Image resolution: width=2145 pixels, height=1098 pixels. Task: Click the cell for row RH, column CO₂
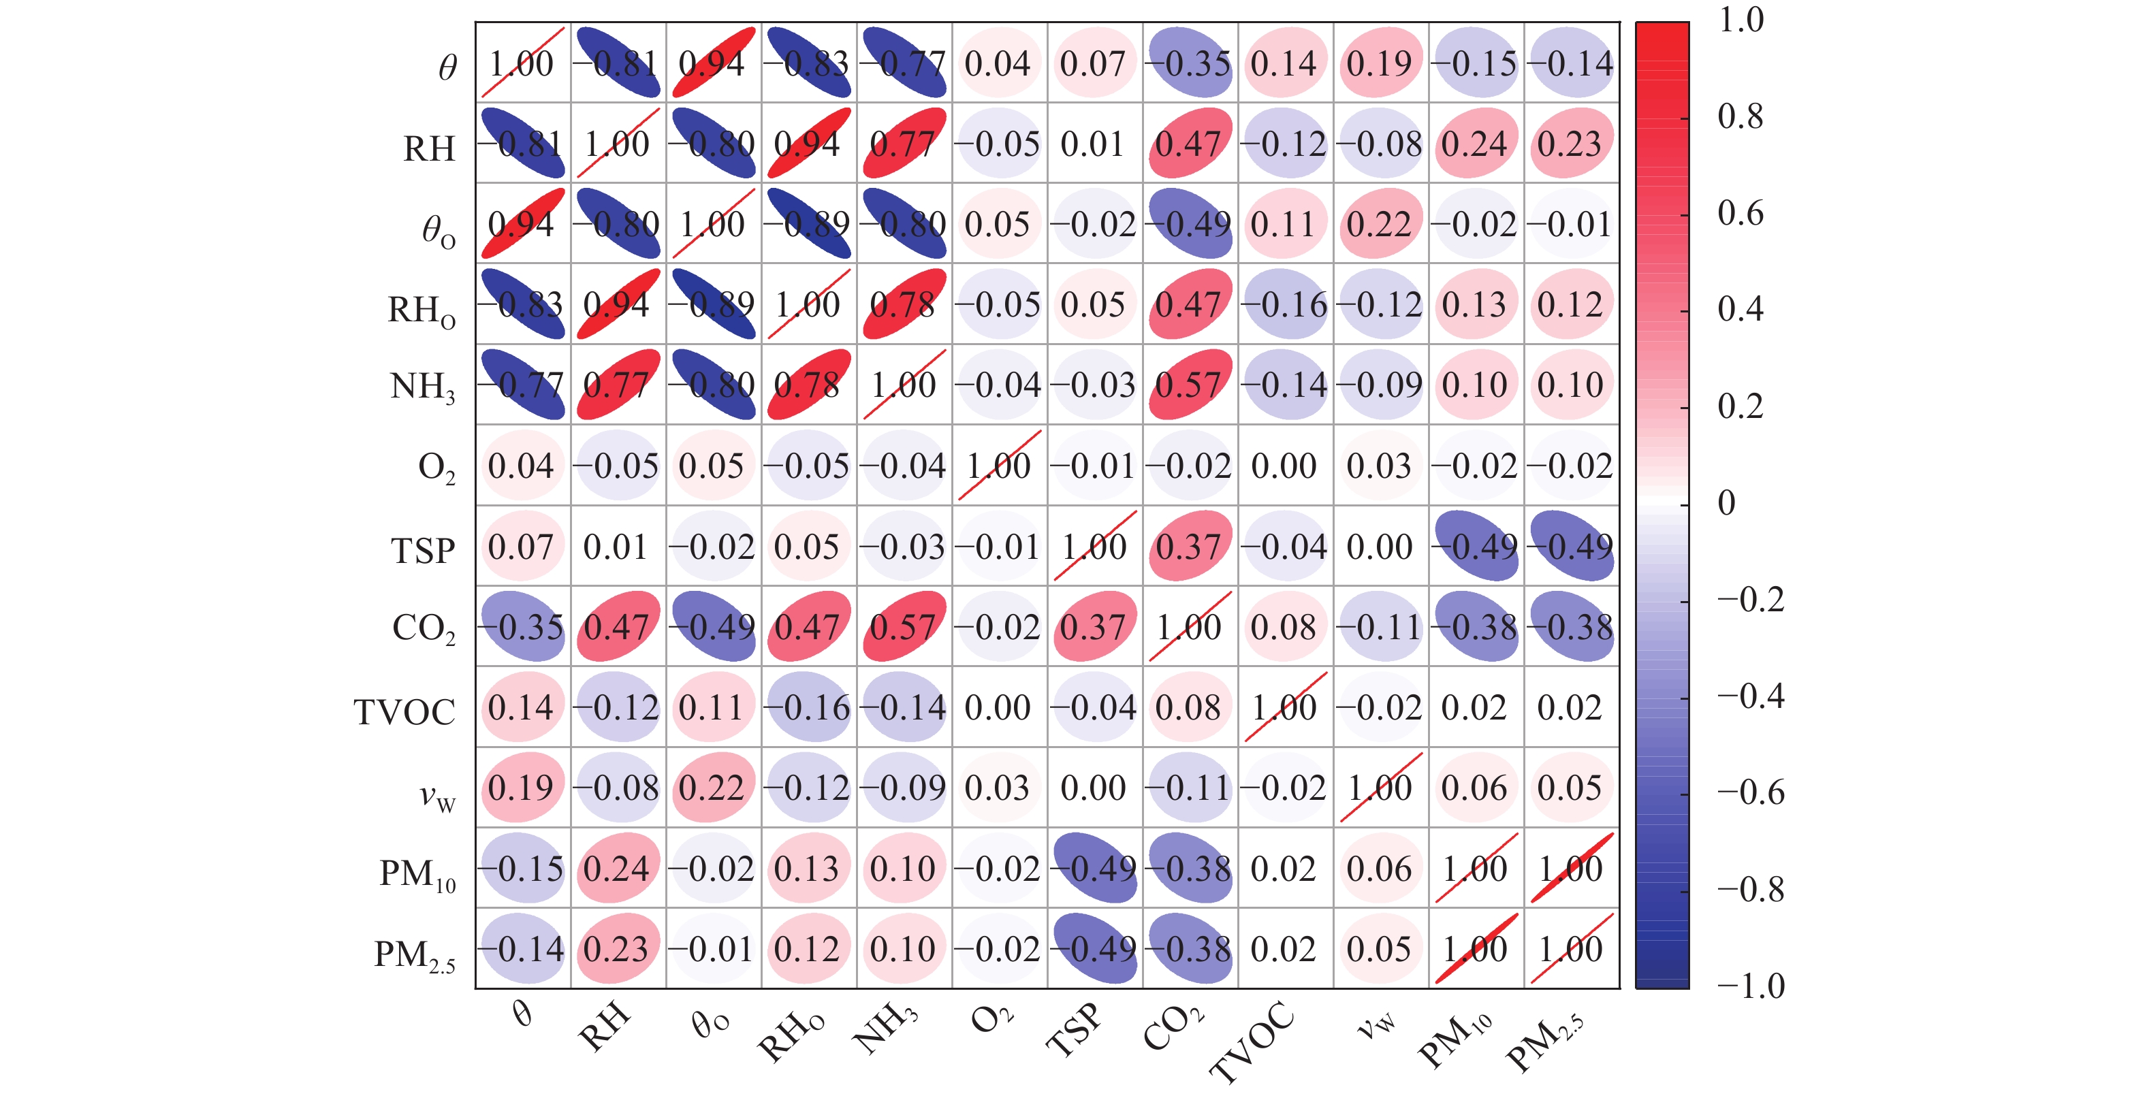click(1189, 143)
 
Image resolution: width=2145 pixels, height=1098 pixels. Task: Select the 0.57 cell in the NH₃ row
click(1189, 385)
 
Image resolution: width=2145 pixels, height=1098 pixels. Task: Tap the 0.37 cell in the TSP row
click(1189, 546)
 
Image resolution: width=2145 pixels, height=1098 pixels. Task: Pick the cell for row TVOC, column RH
click(618, 707)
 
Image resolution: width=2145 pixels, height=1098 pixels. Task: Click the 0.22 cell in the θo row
click(1380, 224)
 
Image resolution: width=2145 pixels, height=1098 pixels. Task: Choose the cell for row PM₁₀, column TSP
click(1094, 868)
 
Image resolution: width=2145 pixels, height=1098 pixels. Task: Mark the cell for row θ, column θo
click(713, 63)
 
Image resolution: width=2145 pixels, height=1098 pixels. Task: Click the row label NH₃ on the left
click(423, 387)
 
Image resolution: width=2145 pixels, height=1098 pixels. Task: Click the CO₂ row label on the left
click(424, 628)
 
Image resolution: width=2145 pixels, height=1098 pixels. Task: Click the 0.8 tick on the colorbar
click(1741, 116)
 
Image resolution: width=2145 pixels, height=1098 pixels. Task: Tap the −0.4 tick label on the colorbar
click(1750, 695)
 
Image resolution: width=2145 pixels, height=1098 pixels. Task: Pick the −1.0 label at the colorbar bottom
click(1750, 986)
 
